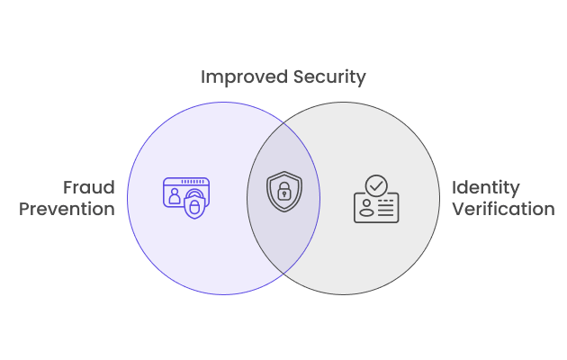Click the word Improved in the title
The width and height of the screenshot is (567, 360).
[245, 77]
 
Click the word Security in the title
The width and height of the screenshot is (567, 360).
[329, 77]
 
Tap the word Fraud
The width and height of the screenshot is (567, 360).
[89, 187]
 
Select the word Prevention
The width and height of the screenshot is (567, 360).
[67, 209]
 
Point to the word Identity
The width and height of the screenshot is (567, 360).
[486, 188]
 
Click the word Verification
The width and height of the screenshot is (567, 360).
[503, 209]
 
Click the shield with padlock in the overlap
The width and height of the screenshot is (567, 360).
[284, 191]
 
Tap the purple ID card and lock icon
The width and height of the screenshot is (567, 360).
[186, 198]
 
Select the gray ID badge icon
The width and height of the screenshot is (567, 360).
[376, 199]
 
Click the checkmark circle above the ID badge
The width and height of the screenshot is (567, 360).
[376, 185]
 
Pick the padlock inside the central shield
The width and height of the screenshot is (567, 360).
[284, 191]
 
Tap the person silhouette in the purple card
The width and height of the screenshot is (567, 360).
[175, 196]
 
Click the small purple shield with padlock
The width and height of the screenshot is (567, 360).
[194, 205]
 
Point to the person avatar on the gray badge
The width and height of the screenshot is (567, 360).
[366, 208]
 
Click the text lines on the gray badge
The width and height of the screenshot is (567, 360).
[385, 208]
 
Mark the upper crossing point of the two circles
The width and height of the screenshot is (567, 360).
[283, 123]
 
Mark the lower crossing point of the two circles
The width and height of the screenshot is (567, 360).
[283, 274]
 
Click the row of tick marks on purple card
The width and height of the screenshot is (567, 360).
[193, 182]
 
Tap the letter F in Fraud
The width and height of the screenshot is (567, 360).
[68, 187]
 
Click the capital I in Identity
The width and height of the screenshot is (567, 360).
[454, 187]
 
